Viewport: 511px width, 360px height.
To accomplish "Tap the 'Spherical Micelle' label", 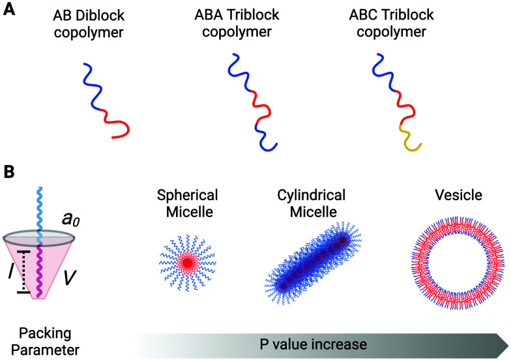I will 188,203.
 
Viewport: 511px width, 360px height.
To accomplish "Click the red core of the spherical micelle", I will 188,263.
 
